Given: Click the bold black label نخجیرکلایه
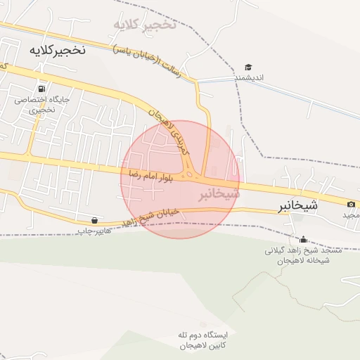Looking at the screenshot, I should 58,50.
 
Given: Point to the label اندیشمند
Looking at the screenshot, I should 249,77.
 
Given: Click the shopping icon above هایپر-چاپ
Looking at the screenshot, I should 94,220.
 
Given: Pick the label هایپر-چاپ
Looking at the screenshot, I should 94,230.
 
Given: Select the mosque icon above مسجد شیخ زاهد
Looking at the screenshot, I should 303,239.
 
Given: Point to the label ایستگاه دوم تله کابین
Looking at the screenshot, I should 198,340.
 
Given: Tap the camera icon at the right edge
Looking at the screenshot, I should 351,204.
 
